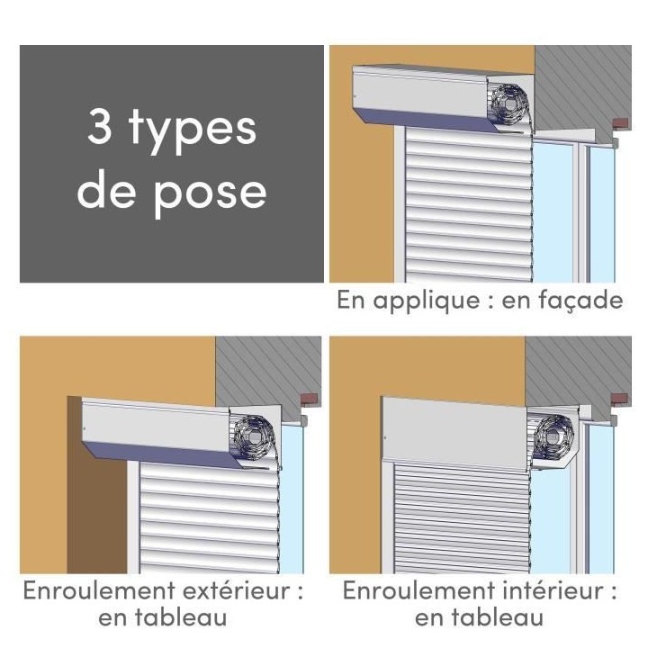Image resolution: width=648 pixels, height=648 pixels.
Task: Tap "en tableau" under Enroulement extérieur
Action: (x=162, y=618)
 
